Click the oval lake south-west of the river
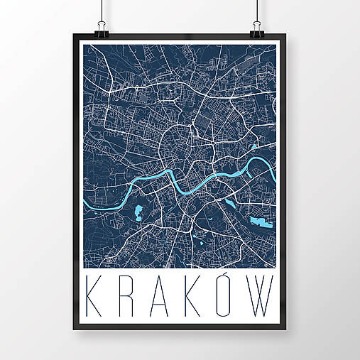point(138,212)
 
